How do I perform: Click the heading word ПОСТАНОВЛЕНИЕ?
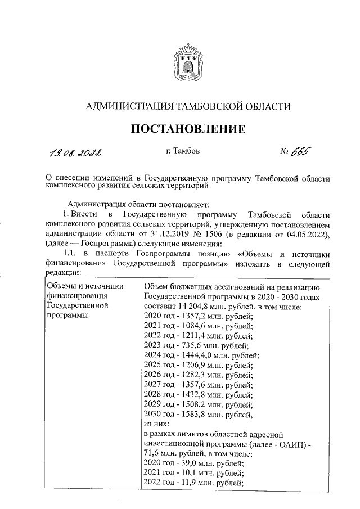point(188,129)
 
